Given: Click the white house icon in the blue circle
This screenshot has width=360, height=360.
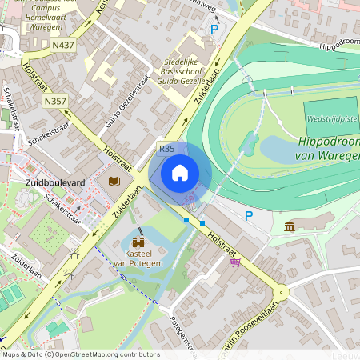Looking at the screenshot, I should click(180, 172).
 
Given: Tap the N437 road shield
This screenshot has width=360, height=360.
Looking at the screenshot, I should click(65, 45).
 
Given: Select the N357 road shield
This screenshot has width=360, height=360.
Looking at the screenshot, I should click(55, 101).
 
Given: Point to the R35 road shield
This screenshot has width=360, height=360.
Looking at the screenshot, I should click(166, 149).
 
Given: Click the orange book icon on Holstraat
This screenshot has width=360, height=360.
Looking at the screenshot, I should click(114, 181).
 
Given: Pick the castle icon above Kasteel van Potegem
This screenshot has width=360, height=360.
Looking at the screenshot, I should click(138, 242).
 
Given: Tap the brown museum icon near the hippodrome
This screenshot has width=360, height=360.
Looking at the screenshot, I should click(289, 228).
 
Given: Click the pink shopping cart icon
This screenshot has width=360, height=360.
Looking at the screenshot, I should click(234, 262).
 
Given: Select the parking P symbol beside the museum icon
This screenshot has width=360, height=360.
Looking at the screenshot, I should click(248, 215).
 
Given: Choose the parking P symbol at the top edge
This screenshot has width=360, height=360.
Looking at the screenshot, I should click(214, 29).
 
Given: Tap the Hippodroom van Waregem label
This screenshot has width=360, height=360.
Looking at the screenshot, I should click(328, 148).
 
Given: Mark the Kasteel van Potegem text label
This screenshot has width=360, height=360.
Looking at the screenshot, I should click(138, 258).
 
